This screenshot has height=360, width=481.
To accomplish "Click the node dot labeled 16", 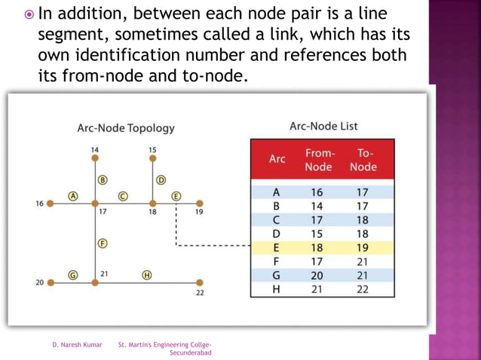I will click(x=50, y=203).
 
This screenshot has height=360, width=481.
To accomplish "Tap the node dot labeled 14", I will click(x=95, y=160).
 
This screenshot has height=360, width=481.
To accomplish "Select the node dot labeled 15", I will click(x=152, y=160).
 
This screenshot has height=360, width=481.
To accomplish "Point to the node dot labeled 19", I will click(x=200, y=203).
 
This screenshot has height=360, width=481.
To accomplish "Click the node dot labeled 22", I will click(x=200, y=283).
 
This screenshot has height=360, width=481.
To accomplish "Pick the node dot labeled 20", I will click(x=51, y=283).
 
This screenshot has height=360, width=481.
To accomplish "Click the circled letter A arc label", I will click(x=74, y=195).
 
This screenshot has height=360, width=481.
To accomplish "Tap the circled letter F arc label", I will click(x=102, y=243).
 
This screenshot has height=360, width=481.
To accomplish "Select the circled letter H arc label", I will click(x=147, y=275).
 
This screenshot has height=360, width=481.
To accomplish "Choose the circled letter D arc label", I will click(x=161, y=180).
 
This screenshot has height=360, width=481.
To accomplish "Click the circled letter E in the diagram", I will click(x=176, y=195).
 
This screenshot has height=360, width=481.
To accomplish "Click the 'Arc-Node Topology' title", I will click(x=126, y=128).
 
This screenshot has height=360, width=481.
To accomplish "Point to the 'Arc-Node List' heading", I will click(x=323, y=126).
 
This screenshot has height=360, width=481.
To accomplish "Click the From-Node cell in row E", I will click(x=317, y=246).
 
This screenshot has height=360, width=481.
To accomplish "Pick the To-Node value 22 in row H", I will click(x=363, y=288).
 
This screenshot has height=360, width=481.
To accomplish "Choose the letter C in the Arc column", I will click(x=277, y=219).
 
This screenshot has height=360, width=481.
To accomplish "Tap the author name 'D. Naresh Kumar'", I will click(x=77, y=345).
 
